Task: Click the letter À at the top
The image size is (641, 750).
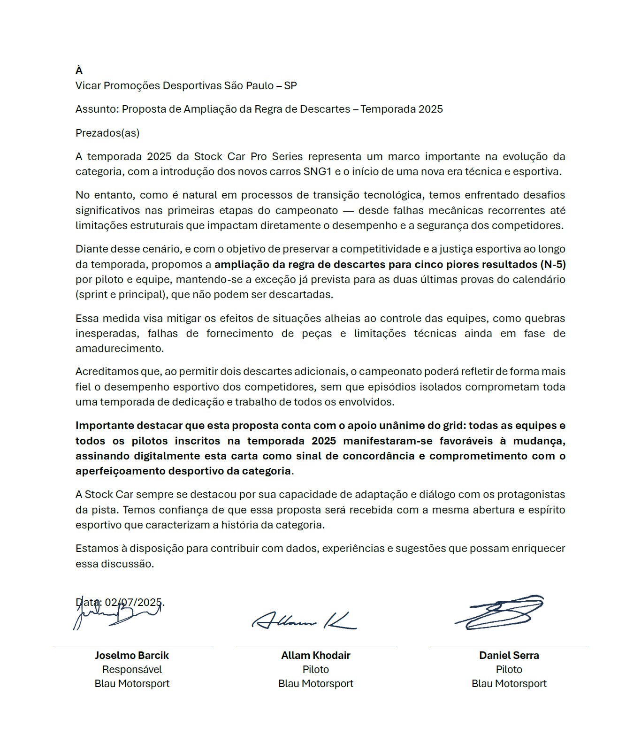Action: (79, 70)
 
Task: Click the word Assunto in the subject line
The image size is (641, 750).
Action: (96, 109)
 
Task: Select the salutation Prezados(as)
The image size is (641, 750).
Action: (107, 133)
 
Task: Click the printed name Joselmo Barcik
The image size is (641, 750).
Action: (132, 655)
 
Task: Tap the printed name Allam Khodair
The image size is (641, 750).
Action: (315, 655)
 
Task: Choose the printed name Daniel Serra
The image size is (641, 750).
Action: (509, 655)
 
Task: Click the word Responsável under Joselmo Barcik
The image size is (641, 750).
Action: (132, 669)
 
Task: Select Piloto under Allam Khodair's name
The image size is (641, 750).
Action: (315, 669)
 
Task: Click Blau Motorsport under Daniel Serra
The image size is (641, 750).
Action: (509, 683)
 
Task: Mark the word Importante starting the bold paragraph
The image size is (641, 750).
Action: (105, 426)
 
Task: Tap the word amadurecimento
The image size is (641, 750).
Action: (119, 349)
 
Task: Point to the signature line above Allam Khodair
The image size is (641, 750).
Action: (315, 646)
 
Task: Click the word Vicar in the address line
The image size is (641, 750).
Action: (88, 85)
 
